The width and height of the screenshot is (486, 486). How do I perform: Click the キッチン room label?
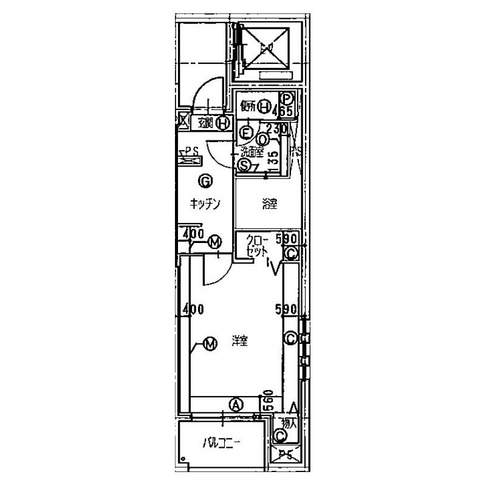[x=204, y=205]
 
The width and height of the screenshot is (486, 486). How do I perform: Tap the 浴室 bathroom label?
[x=270, y=205]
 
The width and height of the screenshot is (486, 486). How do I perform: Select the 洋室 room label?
[x=240, y=341]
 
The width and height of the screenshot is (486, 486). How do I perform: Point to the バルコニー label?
[x=222, y=443]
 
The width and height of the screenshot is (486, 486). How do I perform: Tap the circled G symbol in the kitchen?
[x=205, y=180]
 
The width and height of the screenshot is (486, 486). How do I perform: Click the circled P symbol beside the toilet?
[x=287, y=98]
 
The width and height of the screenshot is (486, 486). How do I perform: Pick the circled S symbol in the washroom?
[x=245, y=165]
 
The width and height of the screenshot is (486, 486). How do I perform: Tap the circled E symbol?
[x=247, y=131]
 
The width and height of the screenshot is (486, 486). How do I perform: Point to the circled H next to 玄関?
[x=223, y=123]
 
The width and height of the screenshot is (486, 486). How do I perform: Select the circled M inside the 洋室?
[x=210, y=344]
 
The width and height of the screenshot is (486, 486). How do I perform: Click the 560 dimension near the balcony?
[x=267, y=400]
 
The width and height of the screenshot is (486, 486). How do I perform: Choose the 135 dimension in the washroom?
[x=273, y=159]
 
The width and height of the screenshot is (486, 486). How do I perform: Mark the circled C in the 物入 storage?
[x=281, y=435]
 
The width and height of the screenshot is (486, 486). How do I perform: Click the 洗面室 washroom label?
[x=251, y=152]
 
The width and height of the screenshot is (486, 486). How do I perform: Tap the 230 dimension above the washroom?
[x=276, y=128]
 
